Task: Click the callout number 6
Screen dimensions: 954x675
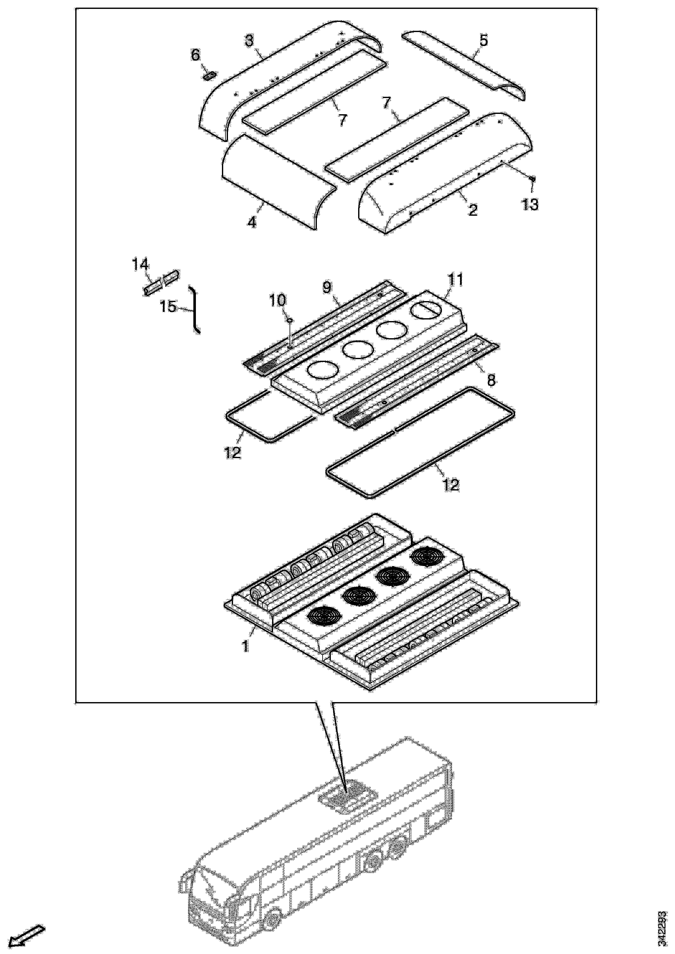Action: [195, 55]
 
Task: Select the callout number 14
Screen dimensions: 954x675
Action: [140, 264]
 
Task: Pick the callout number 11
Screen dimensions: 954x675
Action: [455, 279]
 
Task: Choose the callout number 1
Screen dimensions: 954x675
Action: [246, 647]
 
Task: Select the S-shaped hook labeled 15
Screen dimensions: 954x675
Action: [195, 310]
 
